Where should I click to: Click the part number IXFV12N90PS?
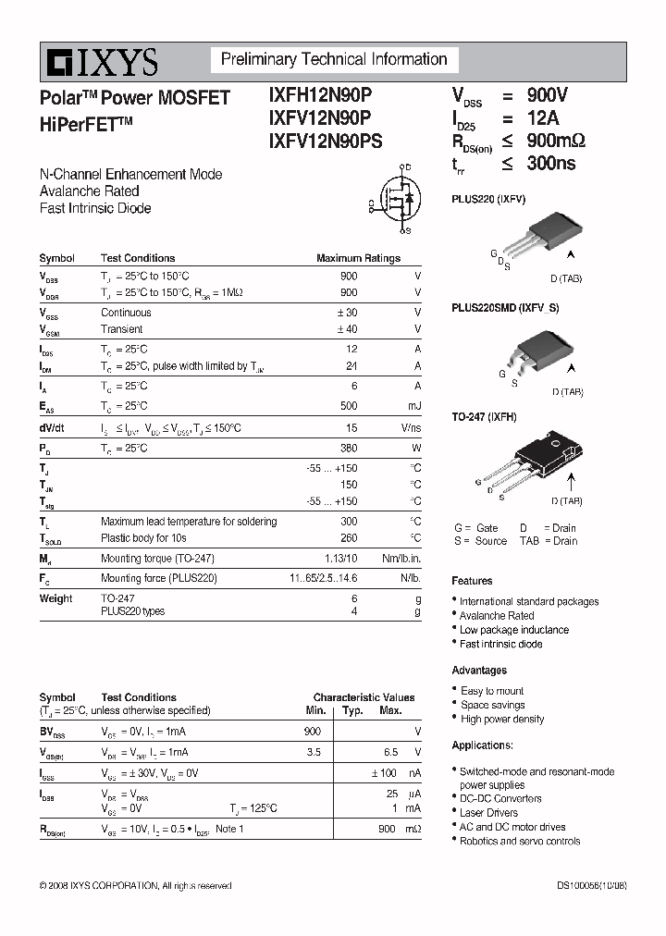click(325, 141)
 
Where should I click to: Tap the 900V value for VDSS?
click(547, 95)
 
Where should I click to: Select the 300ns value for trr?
click(551, 163)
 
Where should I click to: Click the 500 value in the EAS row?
click(348, 406)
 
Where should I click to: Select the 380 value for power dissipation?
click(348, 449)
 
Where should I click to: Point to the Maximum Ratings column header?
click(358, 259)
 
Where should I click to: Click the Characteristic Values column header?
click(364, 697)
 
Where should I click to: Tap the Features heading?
click(472, 581)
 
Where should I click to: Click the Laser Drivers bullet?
click(488, 813)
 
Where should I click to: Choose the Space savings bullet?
click(492, 705)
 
